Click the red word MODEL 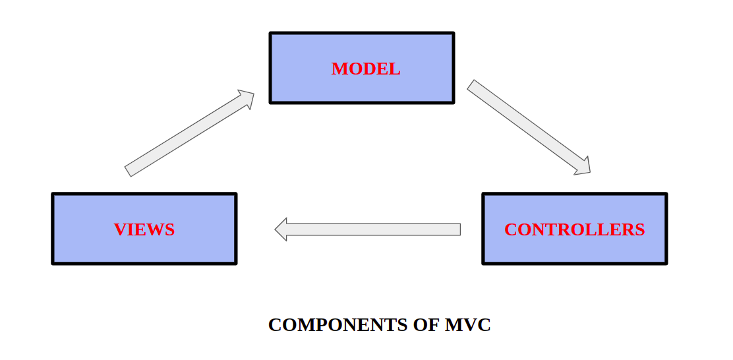point(365,69)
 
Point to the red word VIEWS point(144,229)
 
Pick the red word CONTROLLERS point(574,229)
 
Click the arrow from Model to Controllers point(527,127)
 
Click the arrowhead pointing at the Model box point(246,98)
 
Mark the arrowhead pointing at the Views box point(281,229)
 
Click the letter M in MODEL point(337,69)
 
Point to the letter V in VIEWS point(119,229)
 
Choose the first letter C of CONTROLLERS point(510,229)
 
